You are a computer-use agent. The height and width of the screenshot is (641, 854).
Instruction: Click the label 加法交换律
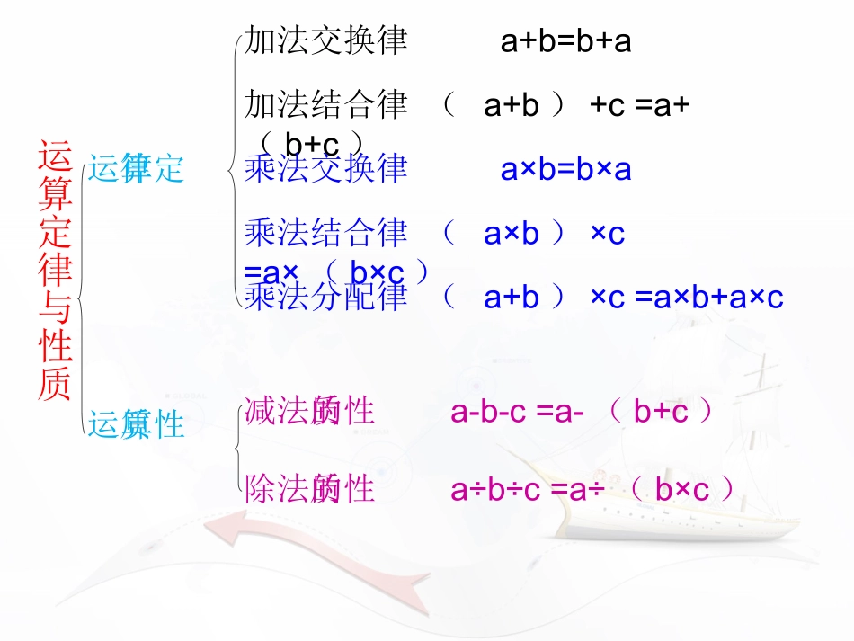[325, 41]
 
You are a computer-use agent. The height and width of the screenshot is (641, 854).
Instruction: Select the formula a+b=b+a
[565, 41]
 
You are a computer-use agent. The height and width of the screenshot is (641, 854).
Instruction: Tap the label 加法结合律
[325, 105]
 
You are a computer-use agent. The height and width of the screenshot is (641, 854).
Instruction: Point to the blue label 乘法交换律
[325, 168]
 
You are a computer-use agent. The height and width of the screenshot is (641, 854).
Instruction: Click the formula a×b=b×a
[565, 169]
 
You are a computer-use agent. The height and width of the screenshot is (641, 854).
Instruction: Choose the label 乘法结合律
[325, 233]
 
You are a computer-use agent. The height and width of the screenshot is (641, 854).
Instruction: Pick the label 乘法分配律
[325, 297]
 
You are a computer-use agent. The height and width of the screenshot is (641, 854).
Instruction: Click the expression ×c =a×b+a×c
[687, 298]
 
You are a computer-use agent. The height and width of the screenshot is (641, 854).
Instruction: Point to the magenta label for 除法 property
[309, 489]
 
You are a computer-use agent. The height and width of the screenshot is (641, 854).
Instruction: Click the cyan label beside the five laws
[136, 168]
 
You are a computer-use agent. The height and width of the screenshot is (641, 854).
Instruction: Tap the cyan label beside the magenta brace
[136, 423]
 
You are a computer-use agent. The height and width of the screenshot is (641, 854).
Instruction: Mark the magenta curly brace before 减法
[236, 445]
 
